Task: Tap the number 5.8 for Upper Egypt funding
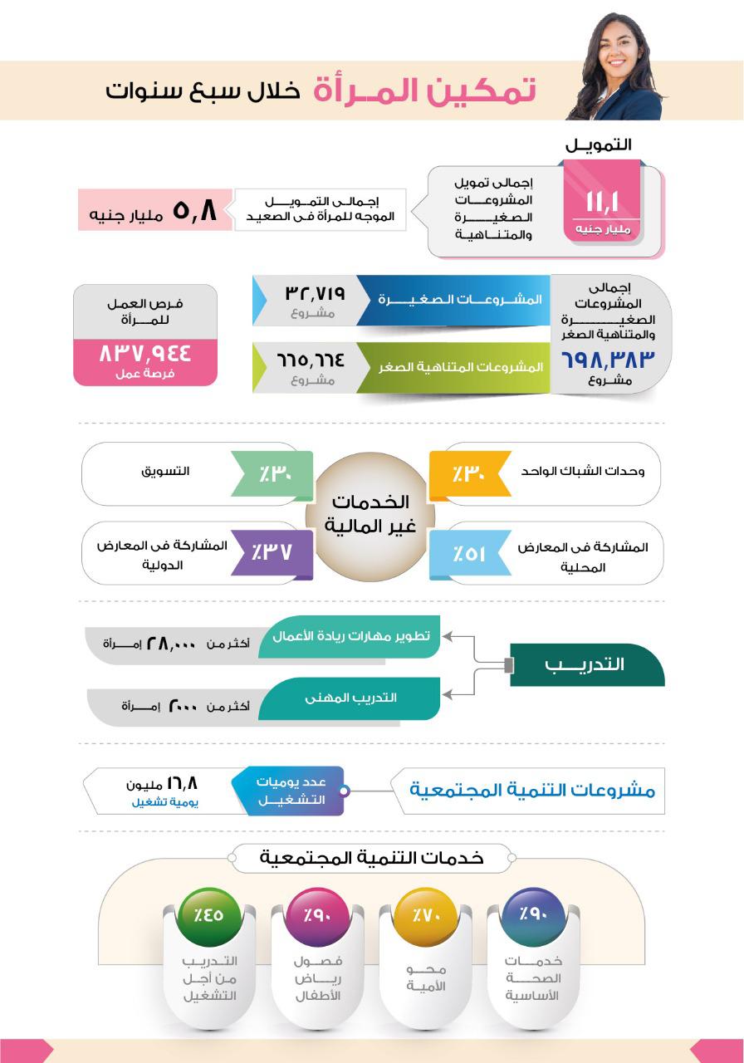click(x=194, y=209)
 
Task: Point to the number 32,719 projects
click(x=315, y=292)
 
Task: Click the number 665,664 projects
click(x=311, y=360)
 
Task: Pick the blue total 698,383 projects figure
click(x=609, y=359)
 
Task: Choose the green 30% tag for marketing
click(x=273, y=475)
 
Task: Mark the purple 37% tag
click(x=273, y=551)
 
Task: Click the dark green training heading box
click(x=587, y=665)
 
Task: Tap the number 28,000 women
click(x=171, y=644)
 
